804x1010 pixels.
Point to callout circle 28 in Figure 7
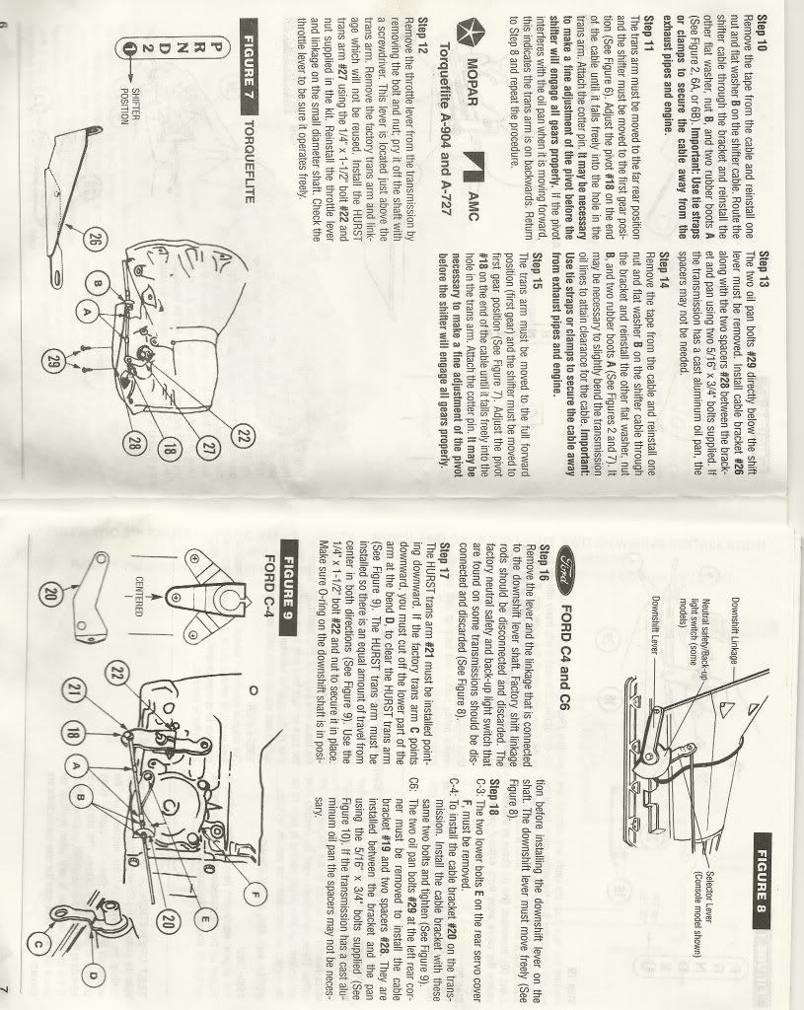point(134,443)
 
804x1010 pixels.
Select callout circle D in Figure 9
point(94,975)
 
